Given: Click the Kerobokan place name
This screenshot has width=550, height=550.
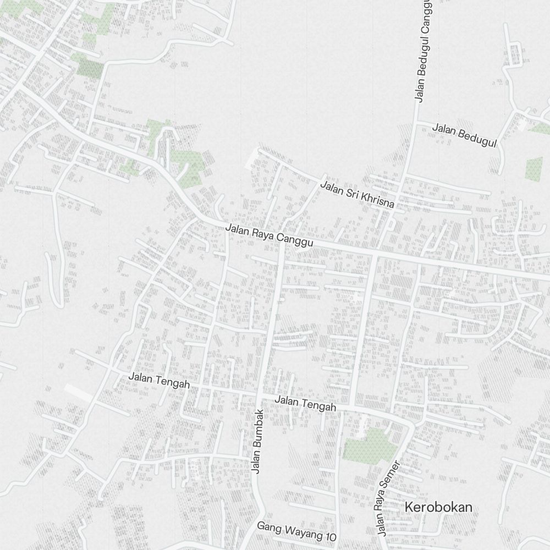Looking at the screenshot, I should click(438, 507).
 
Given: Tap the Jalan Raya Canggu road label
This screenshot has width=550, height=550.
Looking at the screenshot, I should click(269, 235).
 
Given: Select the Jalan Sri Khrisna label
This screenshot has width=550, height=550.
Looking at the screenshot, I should click(358, 195).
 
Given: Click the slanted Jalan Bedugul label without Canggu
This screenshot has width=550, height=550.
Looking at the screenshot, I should click(464, 135).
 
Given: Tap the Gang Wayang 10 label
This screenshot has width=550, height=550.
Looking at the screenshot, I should click(296, 531).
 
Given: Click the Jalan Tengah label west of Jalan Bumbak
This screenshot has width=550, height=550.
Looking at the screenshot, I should click(159, 380).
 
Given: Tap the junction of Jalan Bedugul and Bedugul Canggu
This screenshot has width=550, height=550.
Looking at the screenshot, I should click(414, 120).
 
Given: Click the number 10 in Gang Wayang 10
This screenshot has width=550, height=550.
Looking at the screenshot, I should click(329, 536).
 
